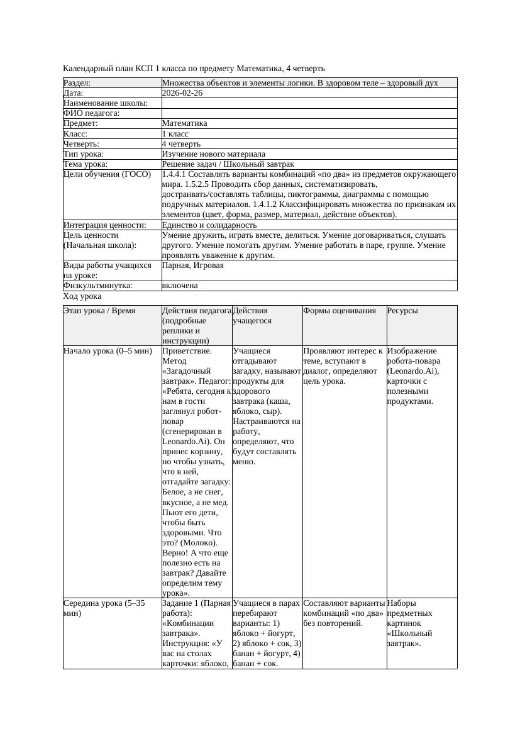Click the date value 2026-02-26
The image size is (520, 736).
[x=182, y=92]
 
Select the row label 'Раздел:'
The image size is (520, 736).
[x=77, y=82]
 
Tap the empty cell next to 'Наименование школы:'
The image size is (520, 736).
[x=309, y=103]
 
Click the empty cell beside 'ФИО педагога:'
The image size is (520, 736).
[x=309, y=113]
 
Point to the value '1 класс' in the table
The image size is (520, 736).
[x=175, y=133]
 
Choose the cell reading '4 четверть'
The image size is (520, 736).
[x=181, y=143]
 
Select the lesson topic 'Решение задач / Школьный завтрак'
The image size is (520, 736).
[x=228, y=164]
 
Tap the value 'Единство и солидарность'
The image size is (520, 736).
[x=209, y=225]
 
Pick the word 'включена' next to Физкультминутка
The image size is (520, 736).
[x=180, y=286]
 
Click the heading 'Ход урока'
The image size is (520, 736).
[x=82, y=296]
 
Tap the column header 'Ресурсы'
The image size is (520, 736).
[x=402, y=310]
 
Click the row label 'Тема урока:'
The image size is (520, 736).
[x=86, y=164]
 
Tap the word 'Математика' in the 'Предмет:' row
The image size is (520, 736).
[x=184, y=123]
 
